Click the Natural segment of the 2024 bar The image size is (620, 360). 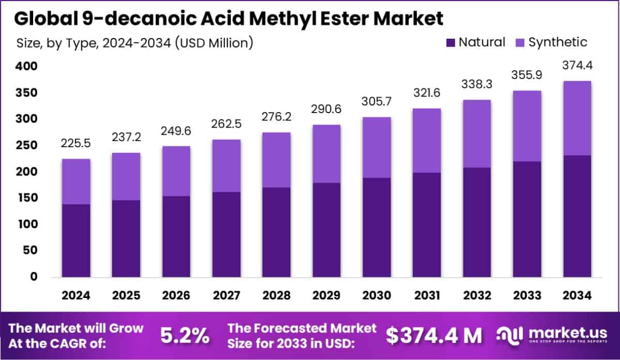76,240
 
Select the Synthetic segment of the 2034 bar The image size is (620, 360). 577,118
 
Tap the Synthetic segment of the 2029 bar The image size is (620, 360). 326,154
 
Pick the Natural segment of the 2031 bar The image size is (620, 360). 426,225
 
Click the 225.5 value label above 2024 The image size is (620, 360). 76,143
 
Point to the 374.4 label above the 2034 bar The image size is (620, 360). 577,66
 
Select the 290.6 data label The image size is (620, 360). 326,109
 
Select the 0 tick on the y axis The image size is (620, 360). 33,277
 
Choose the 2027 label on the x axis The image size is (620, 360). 226,295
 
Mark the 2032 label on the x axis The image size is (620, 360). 476,295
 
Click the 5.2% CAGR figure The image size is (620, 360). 185,336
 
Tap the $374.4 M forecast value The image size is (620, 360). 434,336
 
